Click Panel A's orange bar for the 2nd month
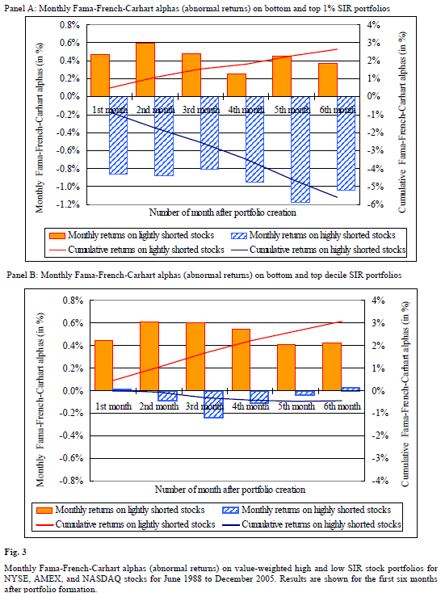tap(145, 69)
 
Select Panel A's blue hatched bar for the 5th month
tap(300, 149)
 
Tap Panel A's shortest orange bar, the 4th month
tap(237, 85)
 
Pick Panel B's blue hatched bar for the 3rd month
tap(214, 404)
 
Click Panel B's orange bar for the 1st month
tap(103, 365)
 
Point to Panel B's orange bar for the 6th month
tap(332, 367)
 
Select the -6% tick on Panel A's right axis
tap(376, 204)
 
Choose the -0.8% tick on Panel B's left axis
tap(72, 481)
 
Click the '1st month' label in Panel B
tap(113, 406)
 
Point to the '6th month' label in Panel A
tap(338, 110)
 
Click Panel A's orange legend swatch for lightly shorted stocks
tap(57, 236)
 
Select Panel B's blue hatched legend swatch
tap(230, 510)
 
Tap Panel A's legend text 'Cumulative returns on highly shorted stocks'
tap(328, 250)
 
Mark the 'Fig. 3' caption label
tap(15, 552)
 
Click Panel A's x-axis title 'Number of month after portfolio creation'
tap(223, 212)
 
